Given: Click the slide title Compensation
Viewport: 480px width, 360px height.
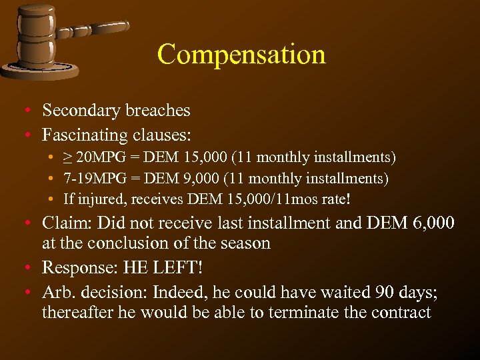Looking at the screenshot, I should pyautogui.click(x=241, y=54).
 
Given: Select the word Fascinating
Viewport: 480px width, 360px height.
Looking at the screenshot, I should pyautogui.click(x=85, y=135).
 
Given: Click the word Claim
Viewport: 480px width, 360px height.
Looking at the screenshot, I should pyautogui.click(x=63, y=223).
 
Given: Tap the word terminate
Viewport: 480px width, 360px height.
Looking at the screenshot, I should pyautogui.click(x=307, y=312).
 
